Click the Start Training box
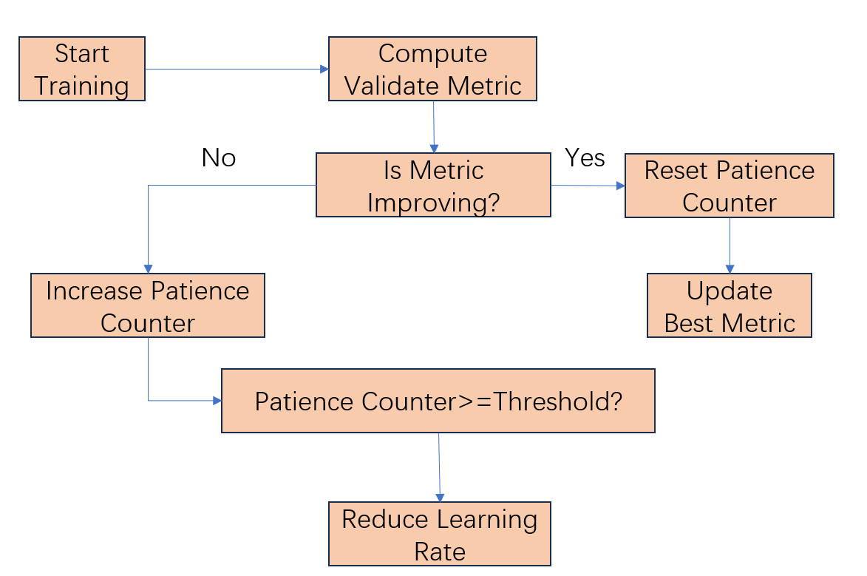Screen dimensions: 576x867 [81, 69]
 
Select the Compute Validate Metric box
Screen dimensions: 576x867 [432, 69]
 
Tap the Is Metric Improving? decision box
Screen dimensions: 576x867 [433, 185]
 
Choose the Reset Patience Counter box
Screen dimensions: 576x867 [729, 186]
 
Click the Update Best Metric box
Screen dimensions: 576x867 [729, 306]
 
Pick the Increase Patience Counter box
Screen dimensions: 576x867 [147, 306]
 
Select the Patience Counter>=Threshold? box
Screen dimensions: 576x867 [438, 401]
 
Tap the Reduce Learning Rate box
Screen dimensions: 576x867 [440, 535]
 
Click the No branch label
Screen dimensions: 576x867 [219, 157]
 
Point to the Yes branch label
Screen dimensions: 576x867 [585, 157]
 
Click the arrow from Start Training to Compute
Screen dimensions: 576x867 [237, 69]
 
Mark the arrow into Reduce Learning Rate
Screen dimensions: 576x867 [440, 466]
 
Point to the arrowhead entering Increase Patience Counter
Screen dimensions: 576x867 [148, 269]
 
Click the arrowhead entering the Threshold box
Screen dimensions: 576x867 [217, 401]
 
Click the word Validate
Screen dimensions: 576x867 [391, 86]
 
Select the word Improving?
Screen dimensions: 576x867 [433, 202]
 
